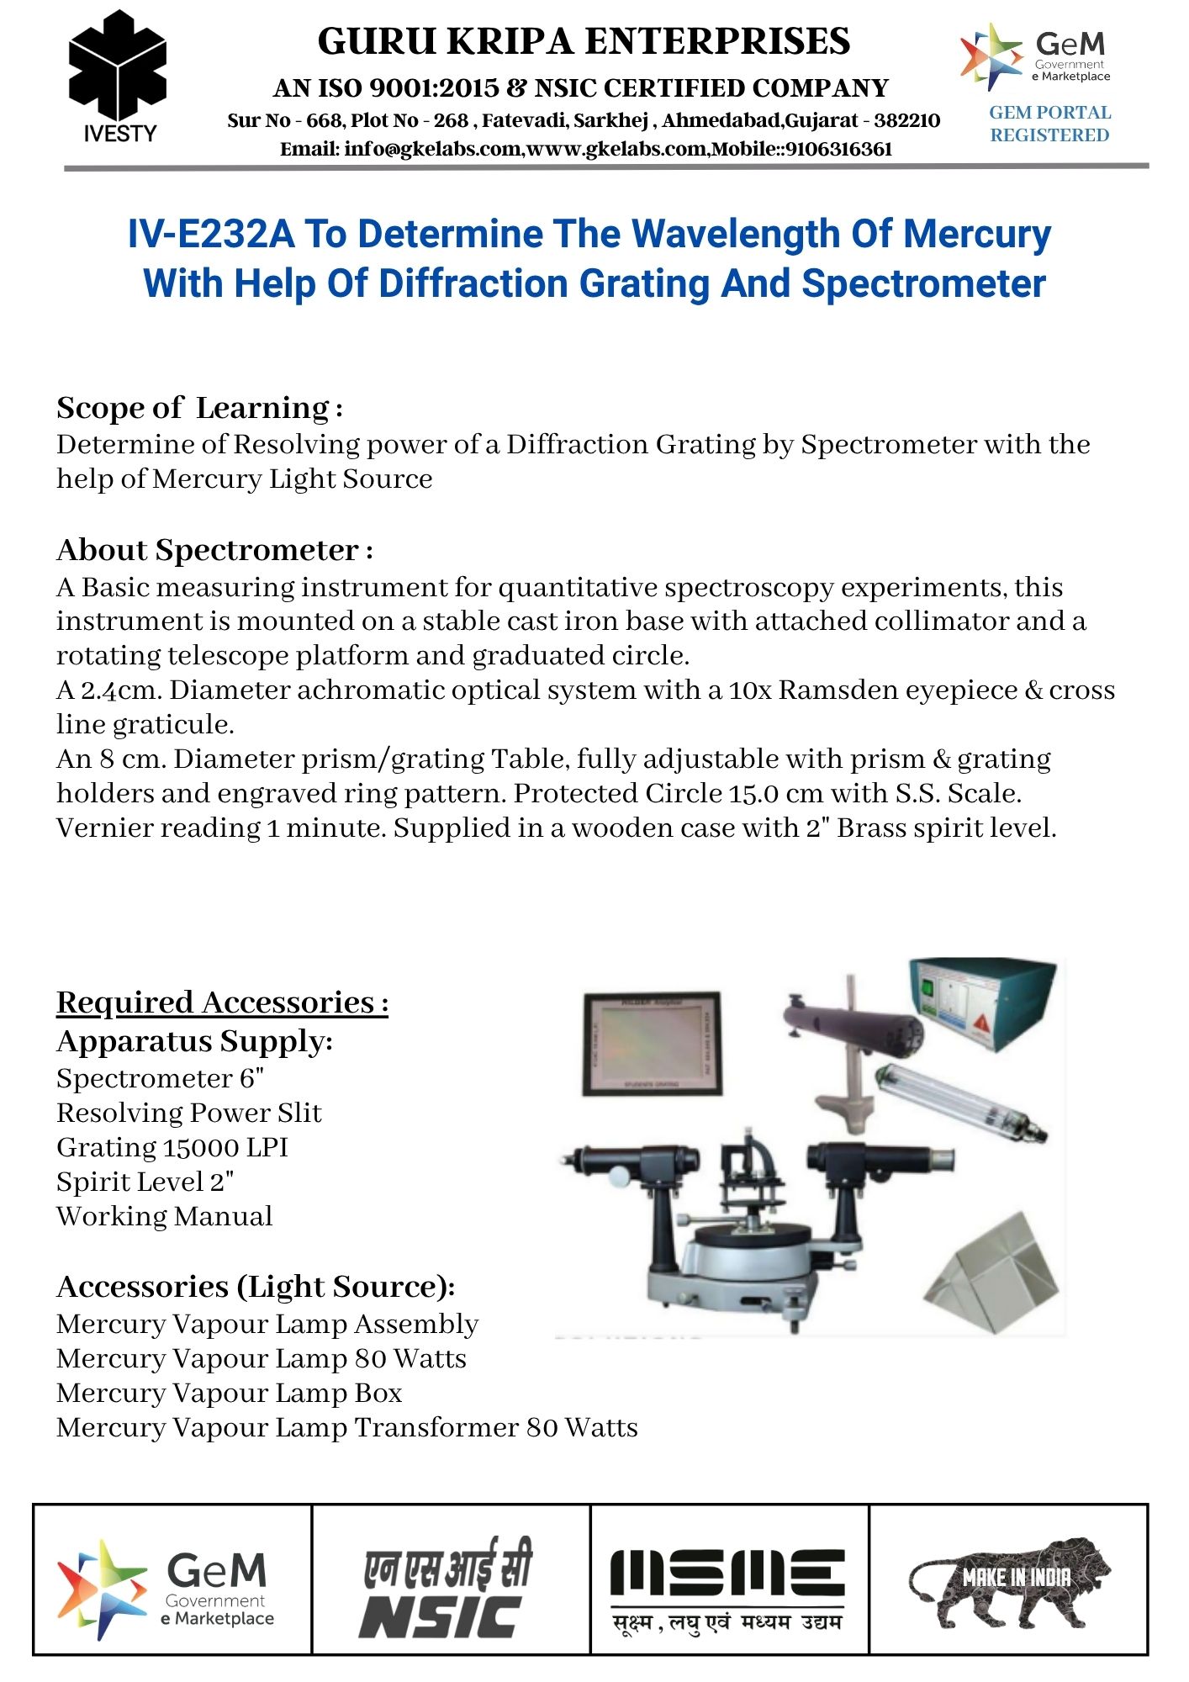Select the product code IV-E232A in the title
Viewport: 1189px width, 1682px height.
211,235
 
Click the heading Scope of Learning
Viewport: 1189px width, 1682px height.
199,408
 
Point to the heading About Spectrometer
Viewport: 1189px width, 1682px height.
214,550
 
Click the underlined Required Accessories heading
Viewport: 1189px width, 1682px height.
222,1002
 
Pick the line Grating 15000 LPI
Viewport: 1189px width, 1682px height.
172,1147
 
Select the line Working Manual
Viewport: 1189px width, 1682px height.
165,1216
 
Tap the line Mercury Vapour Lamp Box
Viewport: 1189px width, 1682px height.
230,1393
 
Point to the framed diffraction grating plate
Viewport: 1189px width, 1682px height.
652,1043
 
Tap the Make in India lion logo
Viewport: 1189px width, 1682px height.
1009,1582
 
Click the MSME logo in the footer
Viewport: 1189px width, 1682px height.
728,1582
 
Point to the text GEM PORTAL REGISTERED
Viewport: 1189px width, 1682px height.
1050,124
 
